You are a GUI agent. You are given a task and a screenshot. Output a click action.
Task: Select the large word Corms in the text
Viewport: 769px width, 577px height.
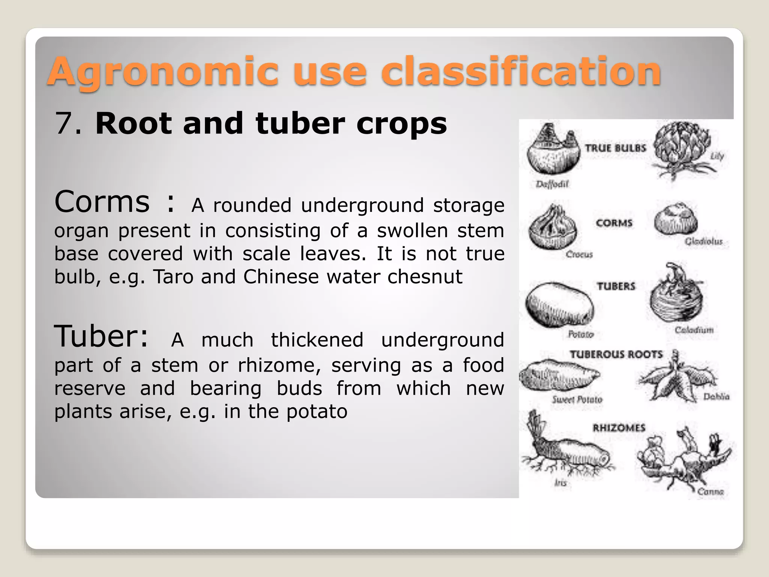click(x=102, y=202)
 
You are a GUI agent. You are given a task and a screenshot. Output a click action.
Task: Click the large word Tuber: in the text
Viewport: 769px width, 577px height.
click(x=101, y=336)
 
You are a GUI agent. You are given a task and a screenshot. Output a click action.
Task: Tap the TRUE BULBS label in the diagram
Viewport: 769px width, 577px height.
click(x=615, y=148)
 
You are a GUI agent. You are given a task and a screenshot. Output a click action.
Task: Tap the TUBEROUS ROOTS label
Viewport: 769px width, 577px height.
click(x=616, y=355)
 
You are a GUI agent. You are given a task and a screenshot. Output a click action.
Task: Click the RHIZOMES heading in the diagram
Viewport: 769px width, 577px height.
click(x=619, y=428)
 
